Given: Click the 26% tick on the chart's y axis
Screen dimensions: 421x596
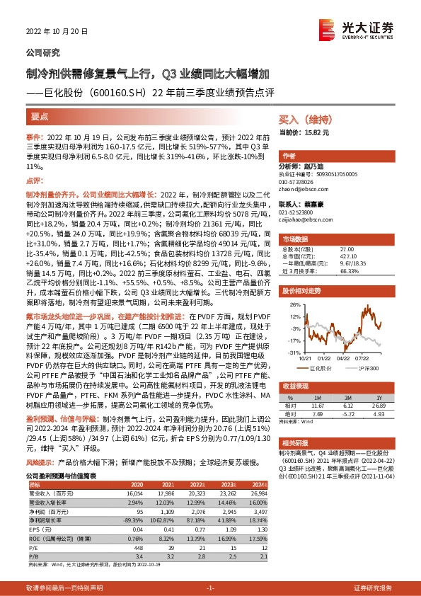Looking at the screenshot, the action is (292, 285).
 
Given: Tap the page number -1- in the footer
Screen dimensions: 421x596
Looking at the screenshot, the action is (210, 588).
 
